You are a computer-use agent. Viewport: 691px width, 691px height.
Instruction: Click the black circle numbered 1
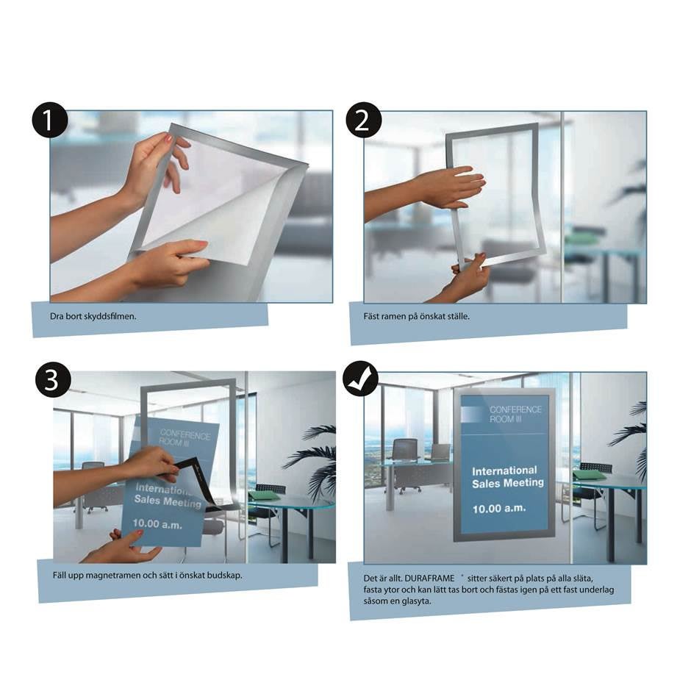point(50,122)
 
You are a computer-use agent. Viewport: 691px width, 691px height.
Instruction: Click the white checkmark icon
point(361,379)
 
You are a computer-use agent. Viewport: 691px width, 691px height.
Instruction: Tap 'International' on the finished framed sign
point(504,470)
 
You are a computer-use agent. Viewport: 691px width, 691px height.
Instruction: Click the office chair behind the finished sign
point(404,456)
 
